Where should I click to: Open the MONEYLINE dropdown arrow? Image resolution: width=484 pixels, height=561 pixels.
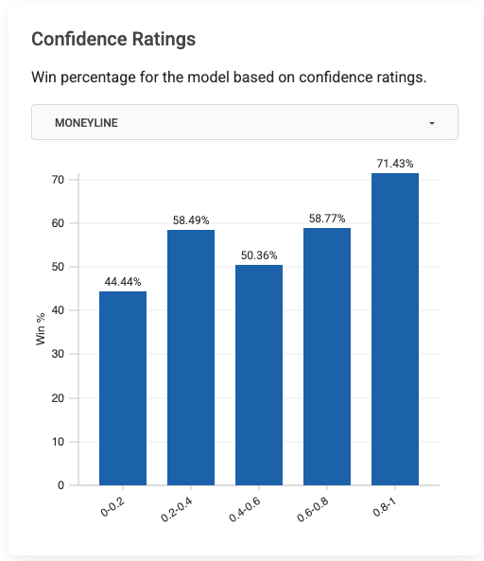click(x=432, y=123)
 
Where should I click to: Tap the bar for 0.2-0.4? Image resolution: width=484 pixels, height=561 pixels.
click(x=191, y=358)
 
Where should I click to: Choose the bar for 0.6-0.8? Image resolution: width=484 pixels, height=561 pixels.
click(x=327, y=357)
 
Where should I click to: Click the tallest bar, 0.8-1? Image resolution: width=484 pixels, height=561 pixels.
click(x=395, y=329)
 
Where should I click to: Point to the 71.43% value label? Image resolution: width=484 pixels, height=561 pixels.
click(x=395, y=164)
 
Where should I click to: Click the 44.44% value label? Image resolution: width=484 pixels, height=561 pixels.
click(x=123, y=282)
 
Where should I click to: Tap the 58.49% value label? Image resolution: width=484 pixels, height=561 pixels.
click(x=191, y=220)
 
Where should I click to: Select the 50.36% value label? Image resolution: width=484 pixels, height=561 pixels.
click(x=259, y=255)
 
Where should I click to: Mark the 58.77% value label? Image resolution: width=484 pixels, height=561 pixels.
click(x=327, y=219)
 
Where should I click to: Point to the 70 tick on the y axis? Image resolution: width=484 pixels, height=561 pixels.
click(x=58, y=180)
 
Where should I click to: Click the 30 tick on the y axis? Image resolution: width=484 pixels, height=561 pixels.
click(x=58, y=355)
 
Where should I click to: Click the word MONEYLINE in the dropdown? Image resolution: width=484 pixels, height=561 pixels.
click(x=87, y=123)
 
